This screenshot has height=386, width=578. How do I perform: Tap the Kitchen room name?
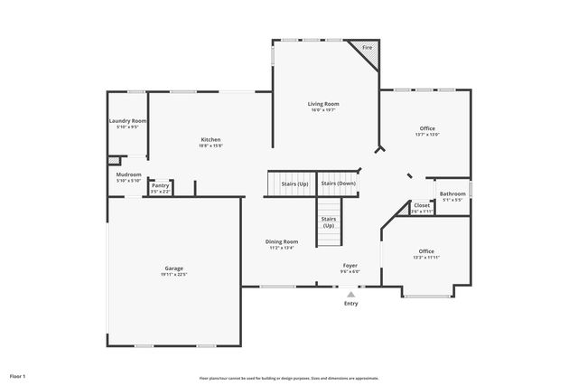(210, 139)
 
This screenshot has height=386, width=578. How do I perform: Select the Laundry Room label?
(127, 121)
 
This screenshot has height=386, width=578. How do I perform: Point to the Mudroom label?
(128, 174)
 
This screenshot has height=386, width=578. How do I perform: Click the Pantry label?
(160, 186)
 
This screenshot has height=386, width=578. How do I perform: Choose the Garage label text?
(174, 268)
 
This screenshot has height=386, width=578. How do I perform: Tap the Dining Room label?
(282, 241)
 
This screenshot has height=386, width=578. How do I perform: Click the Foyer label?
(350, 265)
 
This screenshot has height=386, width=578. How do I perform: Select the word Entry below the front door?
(350, 303)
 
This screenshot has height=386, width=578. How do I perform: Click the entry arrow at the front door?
(350, 293)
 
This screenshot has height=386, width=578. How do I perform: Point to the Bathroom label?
(452, 193)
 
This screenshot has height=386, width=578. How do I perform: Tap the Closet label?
(422, 206)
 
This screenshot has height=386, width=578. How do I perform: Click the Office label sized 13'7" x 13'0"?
(427, 128)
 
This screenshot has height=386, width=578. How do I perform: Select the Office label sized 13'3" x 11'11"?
(425, 250)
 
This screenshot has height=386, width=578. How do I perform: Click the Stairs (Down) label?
(339, 184)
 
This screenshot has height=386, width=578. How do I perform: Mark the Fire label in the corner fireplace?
(367, 48)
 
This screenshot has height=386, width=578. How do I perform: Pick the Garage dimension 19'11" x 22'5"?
(174, 274)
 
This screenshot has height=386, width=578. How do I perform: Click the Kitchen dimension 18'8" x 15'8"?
(210, 146)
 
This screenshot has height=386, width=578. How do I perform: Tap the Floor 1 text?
(18, 374)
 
